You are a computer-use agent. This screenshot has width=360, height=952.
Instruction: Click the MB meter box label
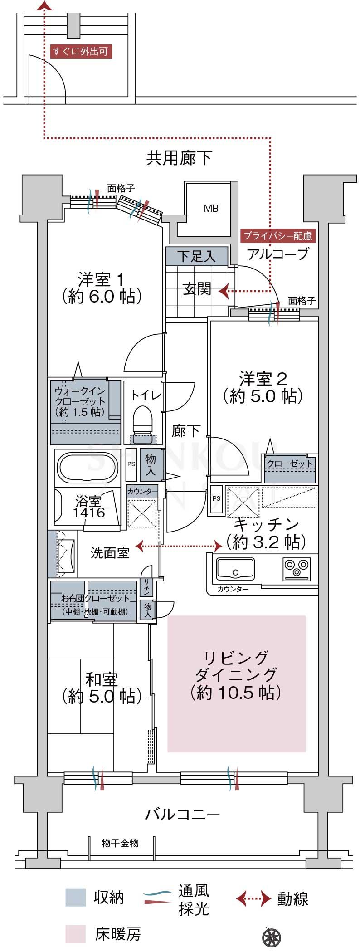(211, 208)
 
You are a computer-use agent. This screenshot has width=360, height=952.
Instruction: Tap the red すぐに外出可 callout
(81, 52)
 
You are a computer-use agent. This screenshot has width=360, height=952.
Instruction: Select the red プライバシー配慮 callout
(277, 236)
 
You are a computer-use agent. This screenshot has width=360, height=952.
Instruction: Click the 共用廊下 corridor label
(179, 158)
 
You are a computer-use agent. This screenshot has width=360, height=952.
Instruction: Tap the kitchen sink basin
(235, 568)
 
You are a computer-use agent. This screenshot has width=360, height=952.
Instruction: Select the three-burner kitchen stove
(297, 568)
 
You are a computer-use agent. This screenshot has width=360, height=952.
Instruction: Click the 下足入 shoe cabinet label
(196, 257)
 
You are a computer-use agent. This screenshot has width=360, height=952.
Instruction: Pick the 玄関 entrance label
(197, 289)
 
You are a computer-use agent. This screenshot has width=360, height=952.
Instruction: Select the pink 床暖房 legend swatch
(75, 934)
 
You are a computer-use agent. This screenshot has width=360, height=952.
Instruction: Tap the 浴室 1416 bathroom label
(88, 507)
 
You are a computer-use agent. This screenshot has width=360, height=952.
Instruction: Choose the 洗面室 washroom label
(110, 553)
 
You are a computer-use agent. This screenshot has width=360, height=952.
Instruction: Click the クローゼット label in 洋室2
(290, 464)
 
